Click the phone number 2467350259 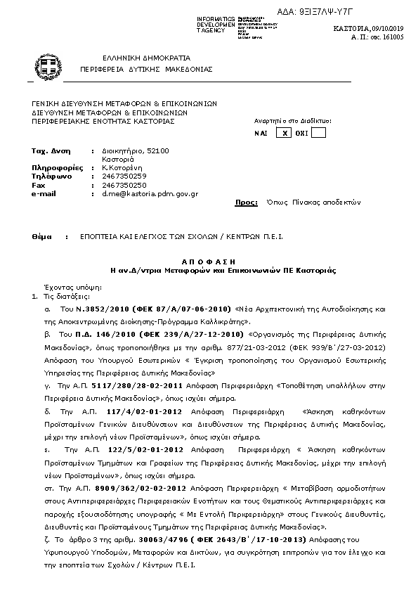[x=124, y=176]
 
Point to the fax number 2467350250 [x=124, y=185]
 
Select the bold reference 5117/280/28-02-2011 [x=119, y=386]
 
